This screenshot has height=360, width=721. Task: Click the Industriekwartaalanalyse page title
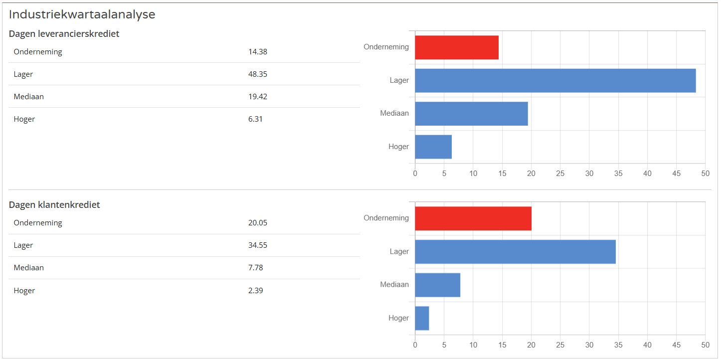(x=82, y=14)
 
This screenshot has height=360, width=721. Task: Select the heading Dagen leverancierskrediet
(x=64, y=34)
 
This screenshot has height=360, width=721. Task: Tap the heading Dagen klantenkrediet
(x=54, y=205)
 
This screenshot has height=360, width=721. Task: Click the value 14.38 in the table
(x=258, y=52)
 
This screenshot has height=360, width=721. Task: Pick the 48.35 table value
(x=258, y=74)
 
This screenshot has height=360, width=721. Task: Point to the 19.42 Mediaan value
(x=258, y=97)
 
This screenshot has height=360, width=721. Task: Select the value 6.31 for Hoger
(x=255, y=119)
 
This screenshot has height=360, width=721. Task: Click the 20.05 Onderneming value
(x=258, y=223)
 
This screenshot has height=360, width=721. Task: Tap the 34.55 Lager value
(x=258, y=245)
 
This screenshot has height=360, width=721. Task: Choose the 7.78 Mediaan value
(x=255, y=268)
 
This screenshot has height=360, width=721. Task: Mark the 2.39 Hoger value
(x=255, y=291)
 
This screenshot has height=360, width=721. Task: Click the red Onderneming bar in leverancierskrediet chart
(x=457, y=47)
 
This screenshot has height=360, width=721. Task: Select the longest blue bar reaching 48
(x=555, y=80)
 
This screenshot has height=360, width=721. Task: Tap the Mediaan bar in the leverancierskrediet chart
(x=471, y=114)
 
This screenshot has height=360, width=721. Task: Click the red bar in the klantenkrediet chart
(x=473, y=218)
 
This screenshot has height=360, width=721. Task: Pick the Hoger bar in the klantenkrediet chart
(x=422, y=318)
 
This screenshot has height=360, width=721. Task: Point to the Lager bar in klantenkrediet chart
(x=515, y=252)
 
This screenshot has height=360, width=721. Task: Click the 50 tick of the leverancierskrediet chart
(x=705, y=174)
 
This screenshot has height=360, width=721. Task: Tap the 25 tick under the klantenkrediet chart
(x=560, y=345)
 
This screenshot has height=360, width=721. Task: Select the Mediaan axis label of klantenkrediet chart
(x=394, y=285)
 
